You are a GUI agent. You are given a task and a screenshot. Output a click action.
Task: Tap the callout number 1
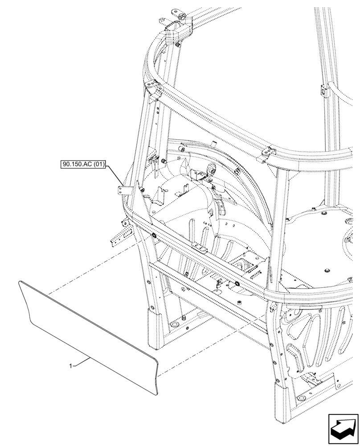click(70, 366)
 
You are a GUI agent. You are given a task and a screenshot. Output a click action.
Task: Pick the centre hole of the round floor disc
click(328, 270)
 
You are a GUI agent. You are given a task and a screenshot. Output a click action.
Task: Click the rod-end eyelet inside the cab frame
click(213, 169)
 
